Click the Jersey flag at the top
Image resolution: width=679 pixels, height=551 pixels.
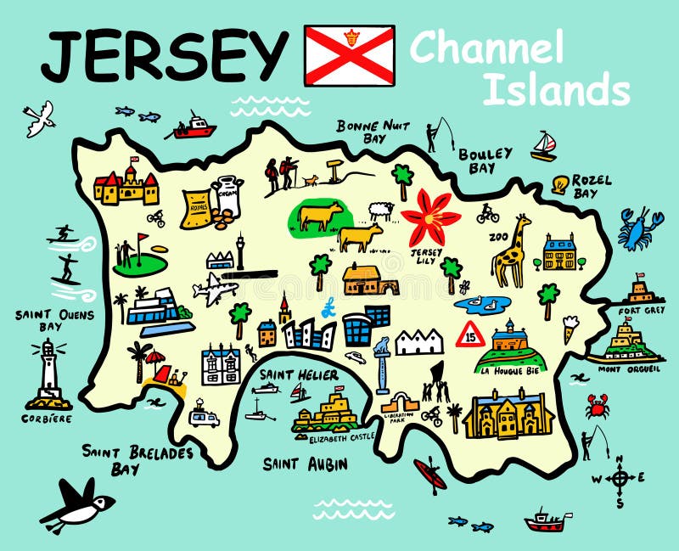[x=349, y=55]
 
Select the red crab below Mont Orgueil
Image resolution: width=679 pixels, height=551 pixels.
[x=598, y=406]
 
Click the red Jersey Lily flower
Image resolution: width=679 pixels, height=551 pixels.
[x=430, y=217]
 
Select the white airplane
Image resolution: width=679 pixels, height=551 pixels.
[x=215, y=290]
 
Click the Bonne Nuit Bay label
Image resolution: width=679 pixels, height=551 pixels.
[x=373, y=131]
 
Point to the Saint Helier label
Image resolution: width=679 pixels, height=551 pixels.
[x=300, y=375]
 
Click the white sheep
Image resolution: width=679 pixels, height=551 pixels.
[x=381, y=211]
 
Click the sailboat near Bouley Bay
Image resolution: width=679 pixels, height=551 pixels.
[x=544, y=146]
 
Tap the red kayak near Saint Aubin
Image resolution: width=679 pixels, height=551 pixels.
[x=430, y=475]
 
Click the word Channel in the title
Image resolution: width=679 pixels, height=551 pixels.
[x=486, y=48]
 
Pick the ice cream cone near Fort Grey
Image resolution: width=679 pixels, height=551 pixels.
[x=570, y=328]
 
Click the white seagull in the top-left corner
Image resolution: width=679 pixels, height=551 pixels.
[x=39, y=118]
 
